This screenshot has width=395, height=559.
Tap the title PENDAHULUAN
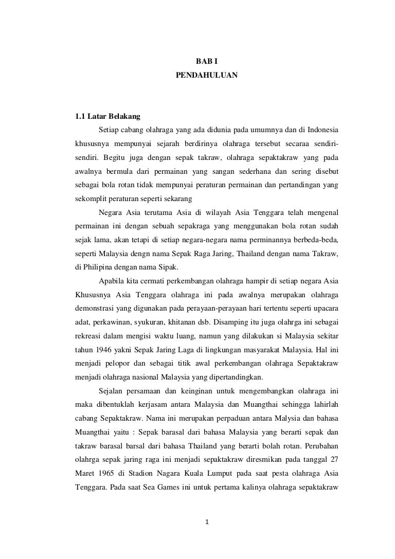206,75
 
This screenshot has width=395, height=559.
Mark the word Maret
85,471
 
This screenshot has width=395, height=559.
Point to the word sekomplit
91,197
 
